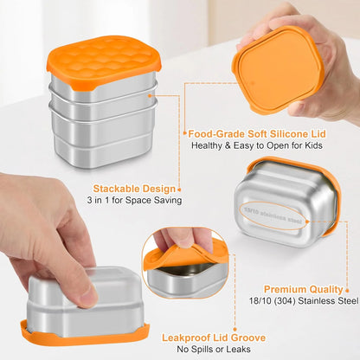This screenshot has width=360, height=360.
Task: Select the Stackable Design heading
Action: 137,188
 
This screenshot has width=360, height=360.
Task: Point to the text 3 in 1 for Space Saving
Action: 135,201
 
